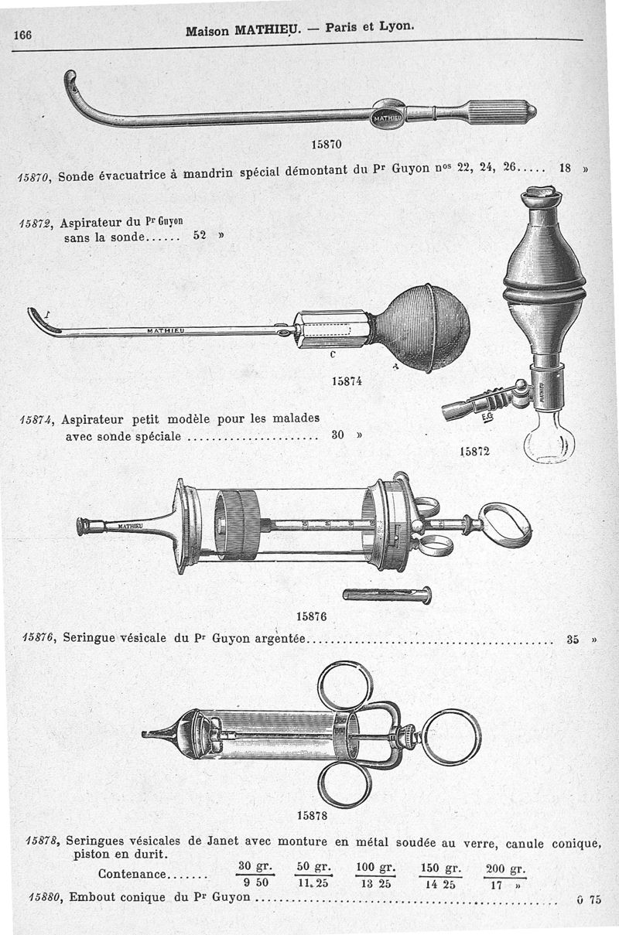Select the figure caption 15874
click(x=347, y=380)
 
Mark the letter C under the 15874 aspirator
click(x=332, y=355)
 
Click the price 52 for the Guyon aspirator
click(x=200, y=237)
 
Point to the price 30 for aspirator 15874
click(x=338, y=435)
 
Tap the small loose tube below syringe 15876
click(x=387, y=595)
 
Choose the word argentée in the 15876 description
click(x=281, y=639)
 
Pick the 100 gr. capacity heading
click(x=375, y=866)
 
